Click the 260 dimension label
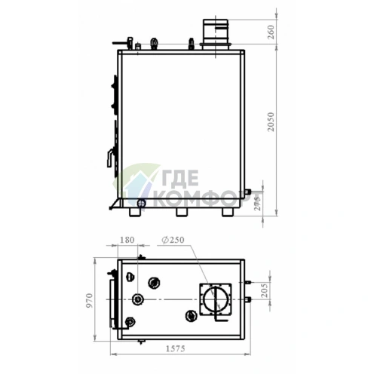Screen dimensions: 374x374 pos(271,32)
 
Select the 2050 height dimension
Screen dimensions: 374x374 pos(271,122)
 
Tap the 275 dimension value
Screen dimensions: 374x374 pos(257,203)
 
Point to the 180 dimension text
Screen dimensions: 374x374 pos(127,240)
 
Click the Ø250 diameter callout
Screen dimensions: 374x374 pos(173,240)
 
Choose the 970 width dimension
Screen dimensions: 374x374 pos(90,300)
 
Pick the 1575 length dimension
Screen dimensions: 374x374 pos(176,348)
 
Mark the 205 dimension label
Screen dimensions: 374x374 pos(265,290)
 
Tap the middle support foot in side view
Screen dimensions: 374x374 pos(182,212)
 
